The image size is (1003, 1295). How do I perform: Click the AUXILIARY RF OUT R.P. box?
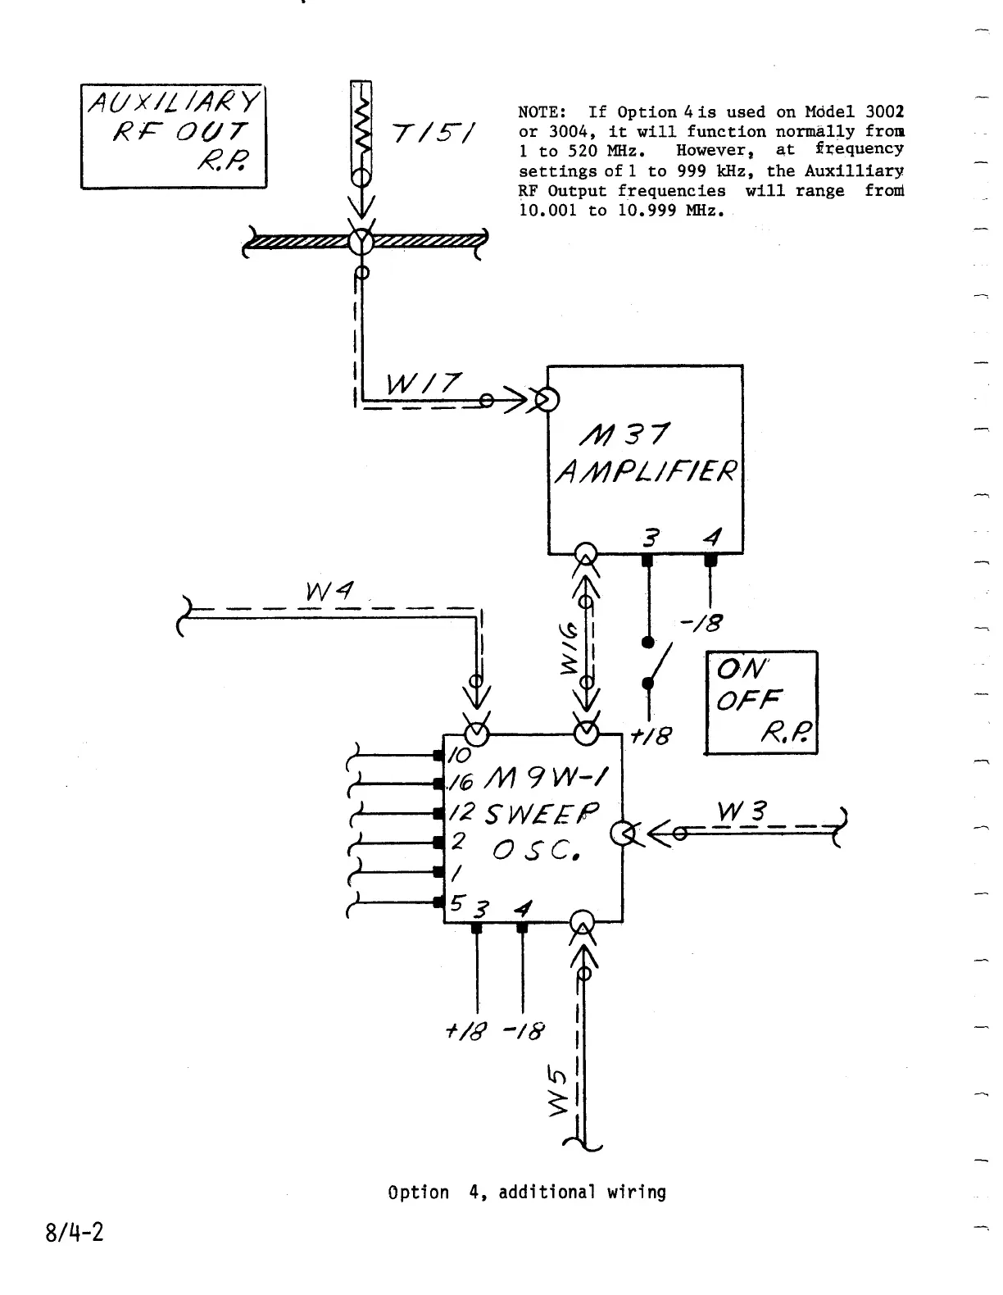[x=173, y=135]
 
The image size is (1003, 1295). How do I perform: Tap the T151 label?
[x=437, y=132]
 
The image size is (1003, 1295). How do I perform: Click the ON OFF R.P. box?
[x=761, y=702]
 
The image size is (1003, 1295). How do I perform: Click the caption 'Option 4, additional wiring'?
[x=527, y=1192]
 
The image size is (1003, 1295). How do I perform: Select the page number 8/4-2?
[x=75, y=1232]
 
